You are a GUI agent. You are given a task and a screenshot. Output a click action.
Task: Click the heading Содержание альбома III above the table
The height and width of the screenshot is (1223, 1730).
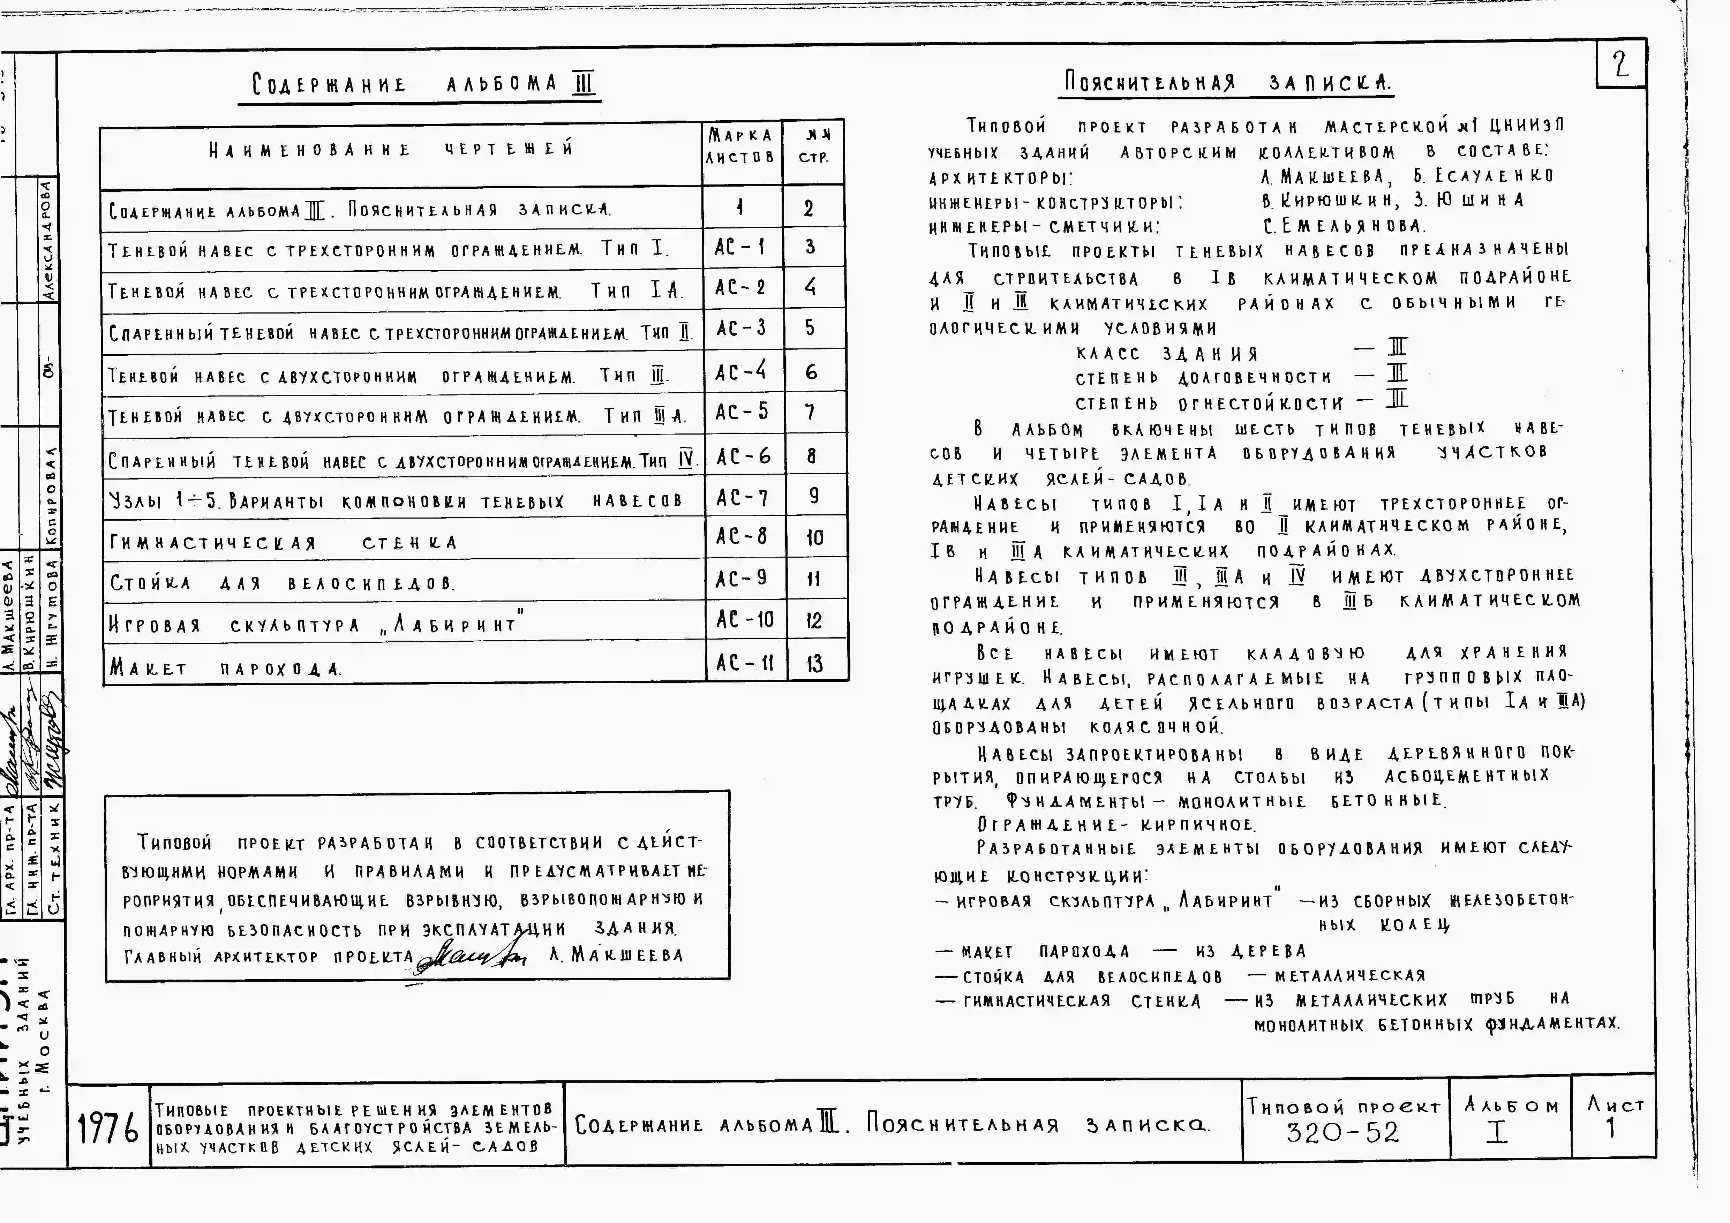point(424,84)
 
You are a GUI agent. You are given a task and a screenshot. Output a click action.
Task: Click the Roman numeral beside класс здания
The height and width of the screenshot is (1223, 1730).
point(1398,348)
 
